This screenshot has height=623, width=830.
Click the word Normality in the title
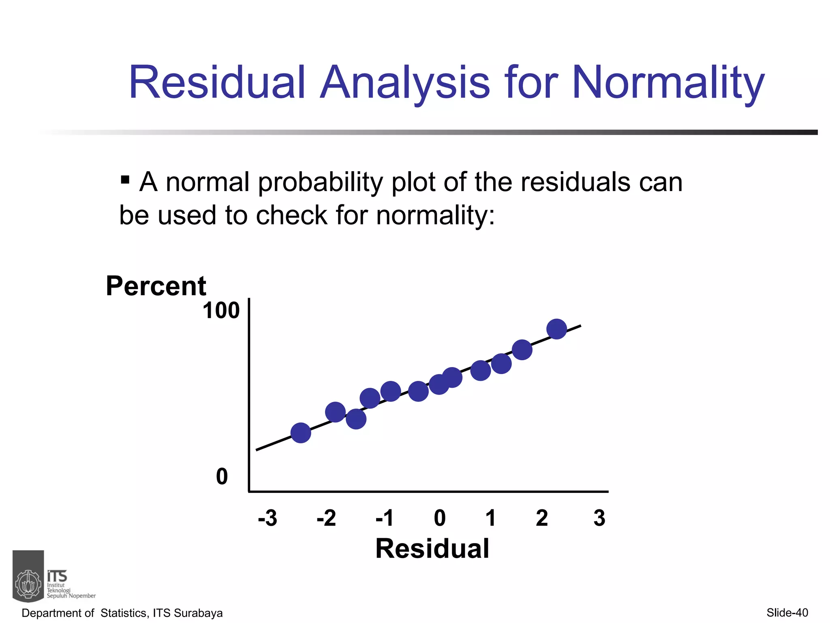click(x=668, y=83)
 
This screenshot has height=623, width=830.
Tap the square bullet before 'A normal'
click(x=125, y=179)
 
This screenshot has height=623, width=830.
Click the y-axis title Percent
click(x=156, y=286)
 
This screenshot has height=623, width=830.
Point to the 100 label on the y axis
click(x=221, y=311)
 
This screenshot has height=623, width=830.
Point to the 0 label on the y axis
click(x=222, y=477)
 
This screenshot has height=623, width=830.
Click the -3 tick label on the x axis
click(x=267, y=518)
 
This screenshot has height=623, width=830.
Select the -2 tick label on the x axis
click(x=326, y=518)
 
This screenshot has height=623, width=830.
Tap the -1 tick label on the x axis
click(x=385, y=518)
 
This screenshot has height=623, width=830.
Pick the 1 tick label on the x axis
click(x=491, y=518)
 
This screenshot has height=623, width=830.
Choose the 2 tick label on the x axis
click(x=542, y=518)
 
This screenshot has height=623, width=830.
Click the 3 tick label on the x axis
click(x=599, y=518)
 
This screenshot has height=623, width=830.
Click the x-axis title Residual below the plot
click(x=432, y=549)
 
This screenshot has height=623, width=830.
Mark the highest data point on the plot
click(x=556, y=329)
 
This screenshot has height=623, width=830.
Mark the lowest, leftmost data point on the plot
click(x=301, y=433)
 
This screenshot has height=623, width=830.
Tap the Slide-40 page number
click(x=787, y=613)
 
